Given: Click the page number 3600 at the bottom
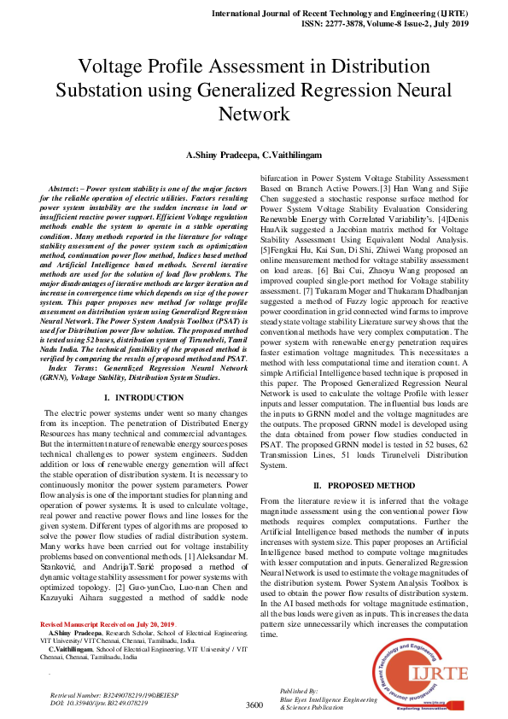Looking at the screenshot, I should (254, 704).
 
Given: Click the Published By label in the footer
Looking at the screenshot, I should (299, 689).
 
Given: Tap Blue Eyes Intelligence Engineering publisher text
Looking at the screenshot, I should (331, 698).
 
